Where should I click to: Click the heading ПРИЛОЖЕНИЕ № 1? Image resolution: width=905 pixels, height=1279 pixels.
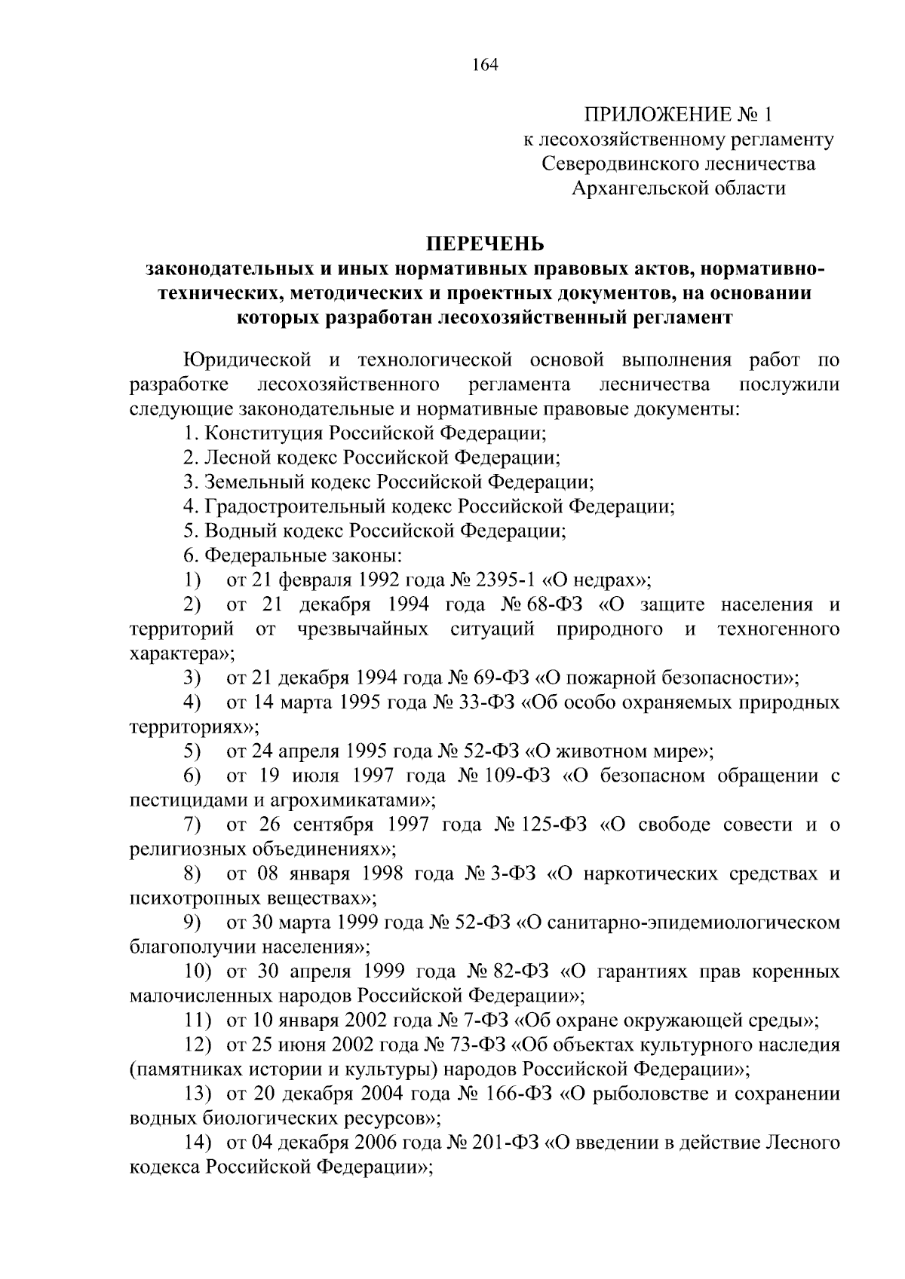678,115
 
